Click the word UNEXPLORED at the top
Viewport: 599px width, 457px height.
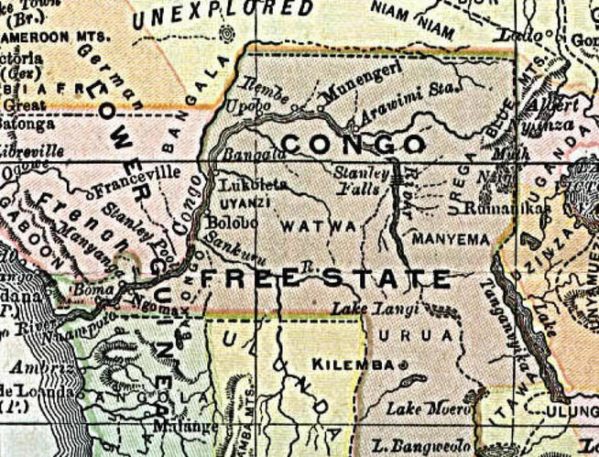tap(223, 12)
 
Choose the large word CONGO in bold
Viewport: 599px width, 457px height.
tap(353, 145)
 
